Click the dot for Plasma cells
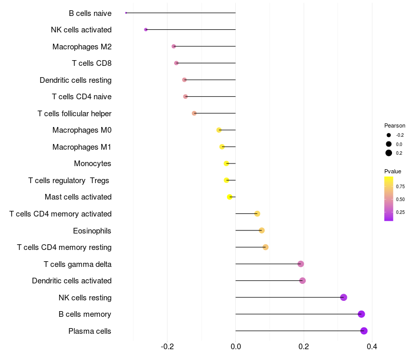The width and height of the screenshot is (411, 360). click(x=364, y=331)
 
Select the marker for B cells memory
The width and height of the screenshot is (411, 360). click(x=361, y=314)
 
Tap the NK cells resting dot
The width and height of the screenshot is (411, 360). click(x=344, y=297)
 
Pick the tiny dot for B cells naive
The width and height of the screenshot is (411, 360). click(x=126, y=13)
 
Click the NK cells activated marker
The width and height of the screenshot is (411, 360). click(x=146, y=30)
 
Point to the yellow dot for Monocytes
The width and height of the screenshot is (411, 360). click(x=227, y=164)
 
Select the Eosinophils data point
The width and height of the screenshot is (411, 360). click(x=261, y=230)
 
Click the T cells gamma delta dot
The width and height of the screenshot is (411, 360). click(x=301, y=264)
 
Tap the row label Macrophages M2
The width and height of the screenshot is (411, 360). click(x=82, y=47)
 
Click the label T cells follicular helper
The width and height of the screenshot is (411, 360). click(x=74, y=114)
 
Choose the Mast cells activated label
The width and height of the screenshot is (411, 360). click(x=78, y=197)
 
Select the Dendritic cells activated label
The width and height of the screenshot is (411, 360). click(x=72, y=281)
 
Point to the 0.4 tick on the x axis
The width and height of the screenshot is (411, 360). click(x=372, y=347)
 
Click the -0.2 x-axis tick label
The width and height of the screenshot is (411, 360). click(x=167, y=347)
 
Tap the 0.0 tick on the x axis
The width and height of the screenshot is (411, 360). click(x=235, y=347)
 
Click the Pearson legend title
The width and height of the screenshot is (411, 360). click(x=395, y=125)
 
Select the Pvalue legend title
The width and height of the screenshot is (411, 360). click(x=393, y=171)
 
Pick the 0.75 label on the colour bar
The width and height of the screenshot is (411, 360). click(x=400, y=186)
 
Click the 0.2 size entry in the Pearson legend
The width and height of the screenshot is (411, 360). click(x=395, y=153)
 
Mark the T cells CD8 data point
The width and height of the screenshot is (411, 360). click(x=176, y=63)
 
